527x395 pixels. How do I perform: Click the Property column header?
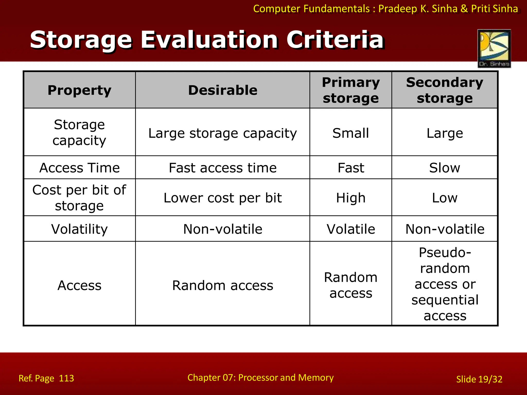tap(80, 90)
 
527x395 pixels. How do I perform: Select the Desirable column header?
tap(223, 90)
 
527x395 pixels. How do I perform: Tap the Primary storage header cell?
tap(351, 90)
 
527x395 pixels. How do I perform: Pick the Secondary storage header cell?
tap(445, 90)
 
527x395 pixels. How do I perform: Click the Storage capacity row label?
tap(80, 132)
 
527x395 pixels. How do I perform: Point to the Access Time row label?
tap(80, 168)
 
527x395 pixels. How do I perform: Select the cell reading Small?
tap(351, 133)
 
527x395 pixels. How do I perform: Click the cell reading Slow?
tap(445, 168)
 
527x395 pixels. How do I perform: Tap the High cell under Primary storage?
tap(351, 198)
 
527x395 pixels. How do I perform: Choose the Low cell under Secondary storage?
tap(445, 198)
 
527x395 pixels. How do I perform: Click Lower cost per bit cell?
tap(223, 198)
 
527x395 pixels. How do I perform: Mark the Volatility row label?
tap(80, 229)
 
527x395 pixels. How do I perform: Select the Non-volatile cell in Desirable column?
tap(223, 229)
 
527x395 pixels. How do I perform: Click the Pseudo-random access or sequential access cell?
tap(445, 284)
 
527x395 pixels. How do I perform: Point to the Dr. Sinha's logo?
tap(494, 48)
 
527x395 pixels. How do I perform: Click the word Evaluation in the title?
tap(209, 40)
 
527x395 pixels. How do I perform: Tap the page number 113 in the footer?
tap(66, 378)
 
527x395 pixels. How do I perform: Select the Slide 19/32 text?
tap(479, 379)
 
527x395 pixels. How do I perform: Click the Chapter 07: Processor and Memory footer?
tap(260, 378)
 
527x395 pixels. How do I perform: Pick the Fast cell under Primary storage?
tap(351, 168)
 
